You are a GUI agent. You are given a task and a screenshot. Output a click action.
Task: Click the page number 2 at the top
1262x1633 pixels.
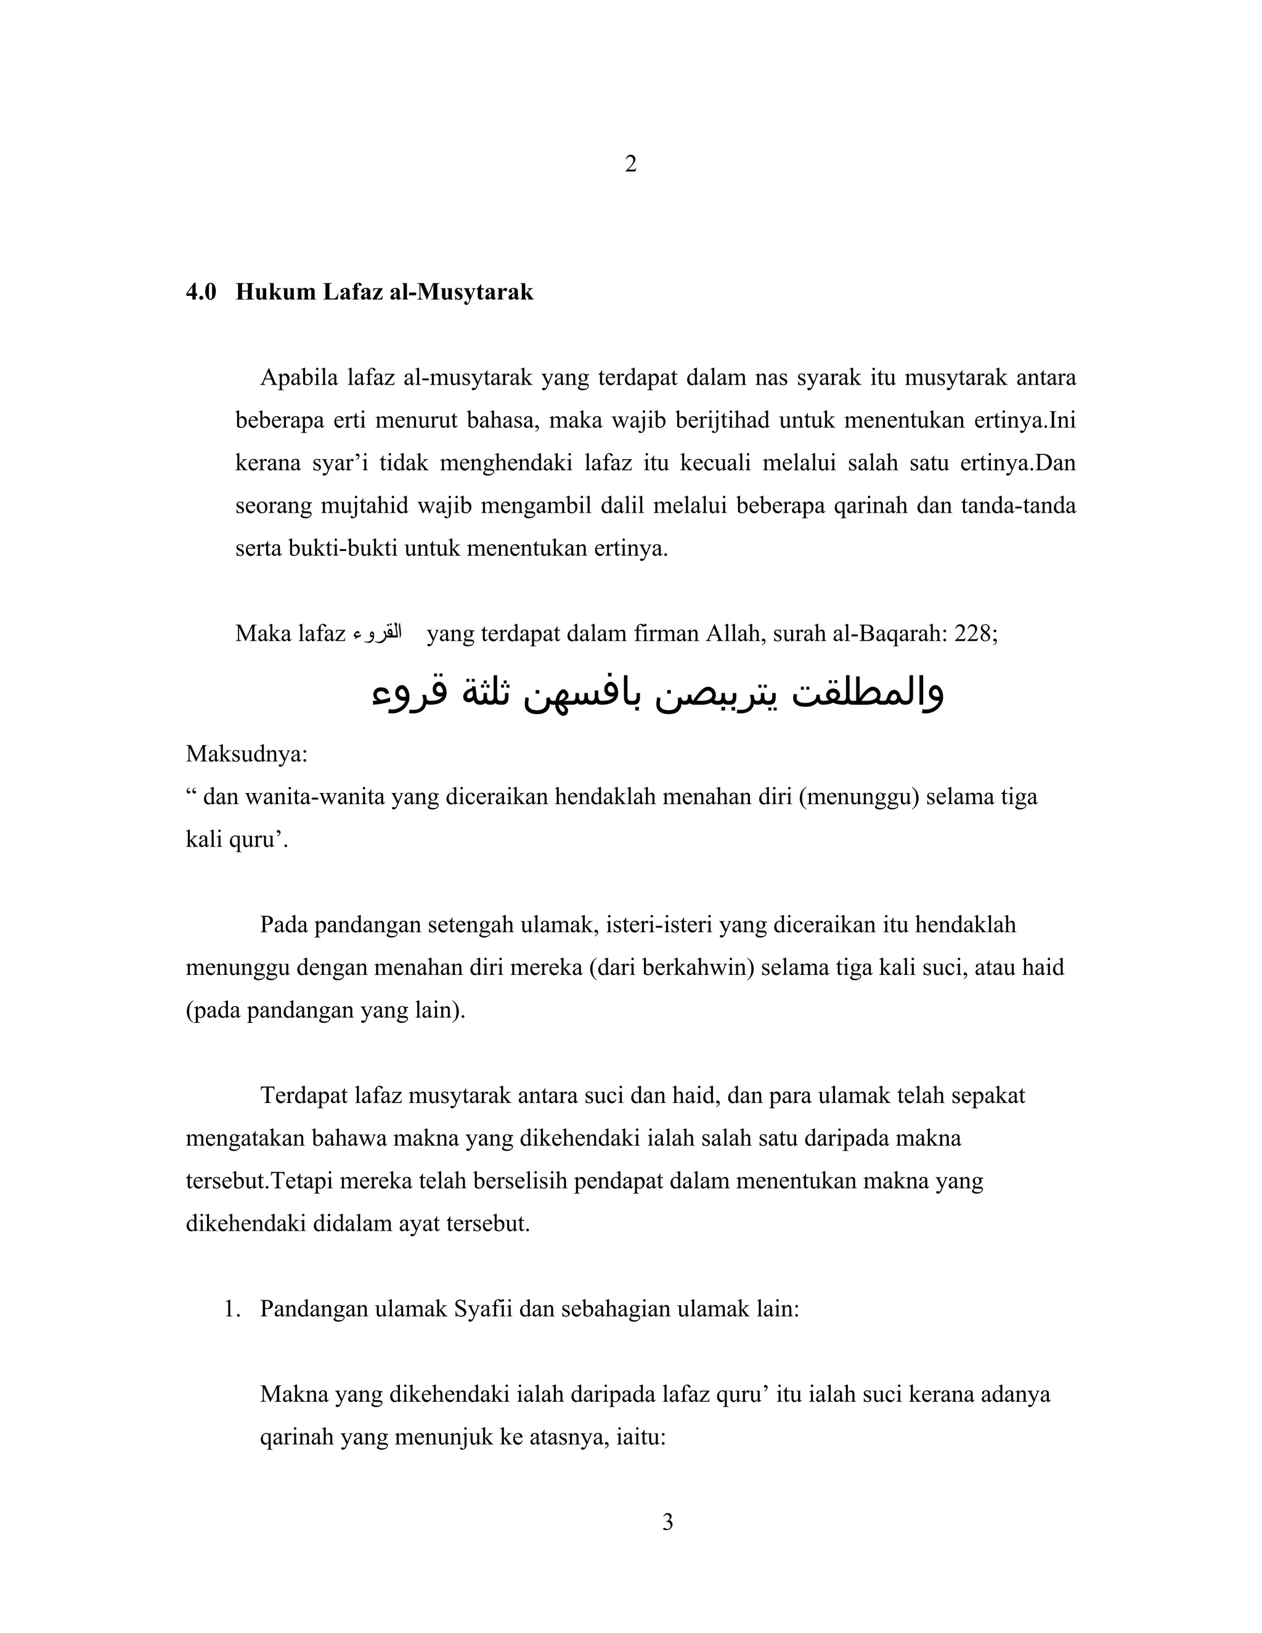(630, 165)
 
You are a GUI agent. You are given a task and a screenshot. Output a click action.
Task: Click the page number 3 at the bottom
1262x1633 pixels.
(667, 1522)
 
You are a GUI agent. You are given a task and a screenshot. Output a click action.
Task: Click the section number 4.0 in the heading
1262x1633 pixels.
(201, 292)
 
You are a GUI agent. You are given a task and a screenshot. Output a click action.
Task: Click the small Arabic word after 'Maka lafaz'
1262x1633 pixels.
(377, 634)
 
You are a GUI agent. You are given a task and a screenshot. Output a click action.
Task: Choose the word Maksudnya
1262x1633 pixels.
(246, 753)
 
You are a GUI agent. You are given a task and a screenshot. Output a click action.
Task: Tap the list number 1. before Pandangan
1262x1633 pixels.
(232, 1310)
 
